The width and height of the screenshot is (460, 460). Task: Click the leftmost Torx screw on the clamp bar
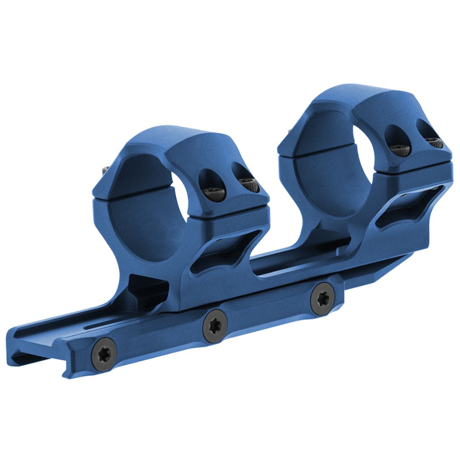pyautogui.click(x=104, y=354)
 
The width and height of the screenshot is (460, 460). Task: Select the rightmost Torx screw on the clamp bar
pyautogui.click(x=322, y=296)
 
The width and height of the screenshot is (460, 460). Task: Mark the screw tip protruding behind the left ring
pyautogui.click(x=105, y=170)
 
